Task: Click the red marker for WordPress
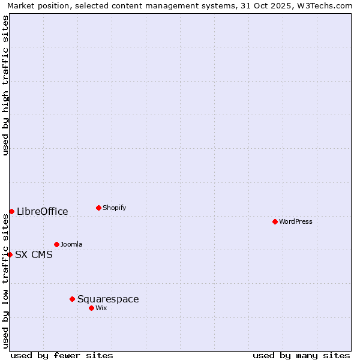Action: (275, 221)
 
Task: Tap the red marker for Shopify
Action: (98, 208)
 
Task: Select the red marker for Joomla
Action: (56, 244)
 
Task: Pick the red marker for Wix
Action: (91, 308)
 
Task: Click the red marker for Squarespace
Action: (72, 299)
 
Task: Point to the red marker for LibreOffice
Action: (11, 211)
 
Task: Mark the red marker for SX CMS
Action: (10, 254)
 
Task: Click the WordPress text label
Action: (296, 221)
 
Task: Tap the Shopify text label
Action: (115, 208)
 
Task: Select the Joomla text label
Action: (71, 244)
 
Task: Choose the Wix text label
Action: (101, 308)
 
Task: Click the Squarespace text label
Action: (108, 299)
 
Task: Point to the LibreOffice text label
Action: (43, 211)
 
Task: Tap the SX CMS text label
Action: (34, 254)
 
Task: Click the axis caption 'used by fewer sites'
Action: (62, 355)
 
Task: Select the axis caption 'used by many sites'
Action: (301, 355)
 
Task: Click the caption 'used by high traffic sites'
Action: (5, 85)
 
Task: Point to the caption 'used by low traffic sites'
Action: (5, 281)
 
